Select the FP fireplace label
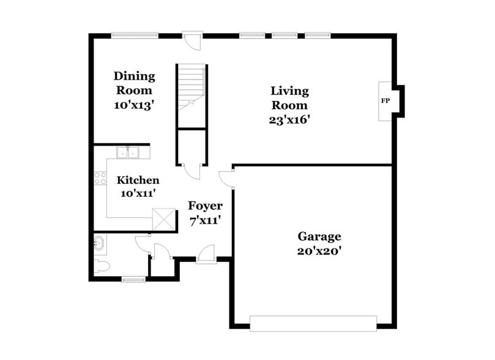pos(385,100)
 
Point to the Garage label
pos(319,236)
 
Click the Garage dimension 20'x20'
pos(319,250)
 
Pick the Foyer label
pos(205,206)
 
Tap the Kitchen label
pos(138,180)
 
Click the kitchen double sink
pos(128,152)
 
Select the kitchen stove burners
pos(100,179)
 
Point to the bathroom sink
pos(100,244)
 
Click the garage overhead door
pos(313,323)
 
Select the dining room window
pos(134,34)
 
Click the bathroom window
pos(133,280)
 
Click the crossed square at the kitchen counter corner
pos(163,219)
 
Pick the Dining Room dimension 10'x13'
pos(134,105)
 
